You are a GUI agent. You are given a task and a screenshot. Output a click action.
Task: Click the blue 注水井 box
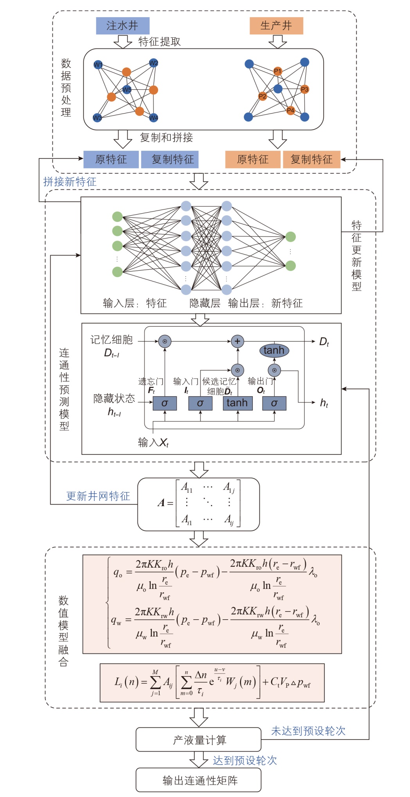coord(122,26)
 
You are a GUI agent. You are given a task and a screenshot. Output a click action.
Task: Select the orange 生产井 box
coord(276,26)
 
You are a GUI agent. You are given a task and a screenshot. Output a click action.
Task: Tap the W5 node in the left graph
coord(127,90)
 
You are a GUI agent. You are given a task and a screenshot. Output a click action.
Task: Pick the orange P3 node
coord(304,89)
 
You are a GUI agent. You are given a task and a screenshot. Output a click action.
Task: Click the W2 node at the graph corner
coord(153,63)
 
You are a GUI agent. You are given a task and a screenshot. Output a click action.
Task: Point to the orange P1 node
coord(277,71)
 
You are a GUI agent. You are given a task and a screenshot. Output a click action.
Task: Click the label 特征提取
coord(160,42)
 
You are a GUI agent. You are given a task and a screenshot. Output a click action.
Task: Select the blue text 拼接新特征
coord(70,182)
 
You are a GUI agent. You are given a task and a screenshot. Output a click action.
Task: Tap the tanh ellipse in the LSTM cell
coord(274,350)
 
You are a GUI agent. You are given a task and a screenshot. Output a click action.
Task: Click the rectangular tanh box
coord(237,403)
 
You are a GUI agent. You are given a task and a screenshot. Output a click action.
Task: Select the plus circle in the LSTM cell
coord(237,341)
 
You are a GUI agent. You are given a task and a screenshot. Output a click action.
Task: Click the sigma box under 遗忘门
coord(165,403)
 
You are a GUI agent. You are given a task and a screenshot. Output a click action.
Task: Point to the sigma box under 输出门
coord(274,403)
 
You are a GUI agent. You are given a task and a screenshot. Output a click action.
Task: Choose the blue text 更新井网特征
coord(98,496)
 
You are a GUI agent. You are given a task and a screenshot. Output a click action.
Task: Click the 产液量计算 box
coord(198,740)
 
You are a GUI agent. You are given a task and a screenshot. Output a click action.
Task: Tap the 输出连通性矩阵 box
coord(198,781)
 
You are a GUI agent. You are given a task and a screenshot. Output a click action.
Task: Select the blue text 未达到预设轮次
coord(308,731)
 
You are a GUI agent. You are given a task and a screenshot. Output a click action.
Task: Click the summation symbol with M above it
coord(155,682)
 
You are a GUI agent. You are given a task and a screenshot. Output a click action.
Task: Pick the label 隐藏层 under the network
coord(205,303)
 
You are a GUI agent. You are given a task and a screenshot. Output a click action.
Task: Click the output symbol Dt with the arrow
coord(324,342)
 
